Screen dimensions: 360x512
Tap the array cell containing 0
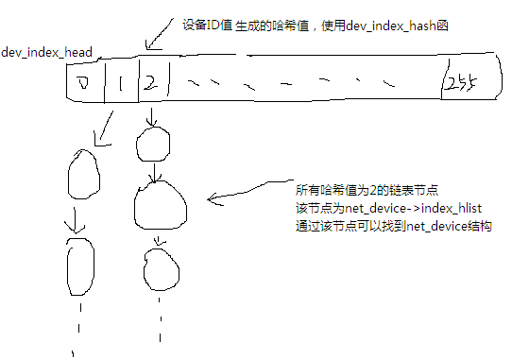tap(85, 85)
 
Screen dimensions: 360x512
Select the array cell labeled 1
tap(122, 85)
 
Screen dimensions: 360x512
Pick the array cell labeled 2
tap(150, 83)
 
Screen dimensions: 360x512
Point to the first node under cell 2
tap(152, 145)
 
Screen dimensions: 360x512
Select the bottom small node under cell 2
tap(160, 269)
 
